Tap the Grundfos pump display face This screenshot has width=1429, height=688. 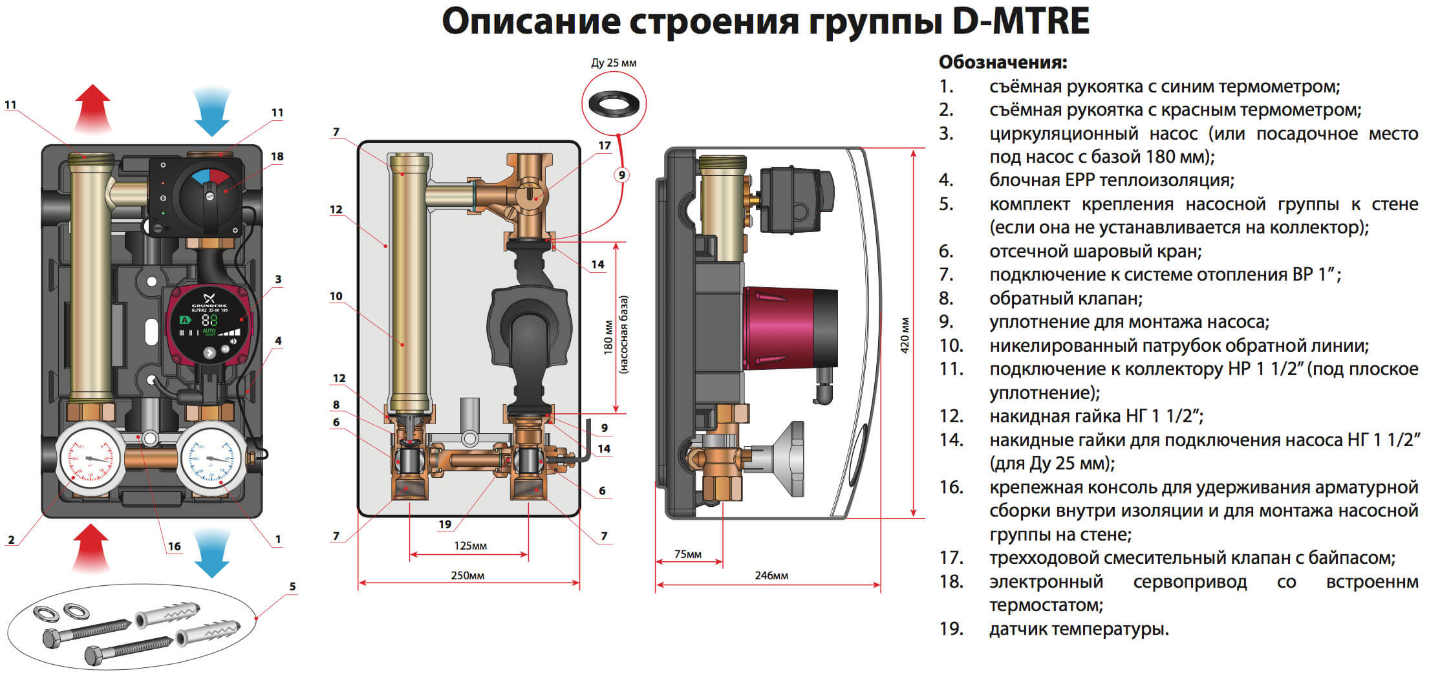pyautogui.click(x=208, y=323)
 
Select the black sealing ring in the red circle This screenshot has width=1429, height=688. pyautogui.click(x=614, y=103)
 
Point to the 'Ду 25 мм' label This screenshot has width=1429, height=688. pyautogui.click(x=614, y=63)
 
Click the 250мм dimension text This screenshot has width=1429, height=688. pyautogui.click(x=467, y=575)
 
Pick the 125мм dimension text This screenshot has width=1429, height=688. pyautogui.click(x=470, y=546)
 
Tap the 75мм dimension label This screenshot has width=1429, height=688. pyautogui.click(x=687, y=554)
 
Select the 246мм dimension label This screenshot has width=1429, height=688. pyautogui.click(x=771, y=575)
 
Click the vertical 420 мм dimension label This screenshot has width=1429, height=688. pyautogui.click(x=905, y=335)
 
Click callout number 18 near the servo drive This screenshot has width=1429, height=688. pyautogui.click(x=277, y=156)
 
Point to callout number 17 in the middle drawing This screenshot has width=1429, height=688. pyautogui.click(x=604, y=145)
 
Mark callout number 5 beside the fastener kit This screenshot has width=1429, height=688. pyautogui.click(x=292, y=586)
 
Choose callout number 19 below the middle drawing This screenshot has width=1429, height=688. pyautogui.click(x=445, y=524)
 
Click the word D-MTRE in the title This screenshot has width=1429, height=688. pyautogui.click(x=1021, y=21)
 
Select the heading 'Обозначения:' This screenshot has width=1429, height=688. pyautogui.click(x=1002, y=63)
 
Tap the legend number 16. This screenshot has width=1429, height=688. pyautogui.click(x=951, y=487)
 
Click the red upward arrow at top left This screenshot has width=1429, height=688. pyautogui.click(x=92, y=108)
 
